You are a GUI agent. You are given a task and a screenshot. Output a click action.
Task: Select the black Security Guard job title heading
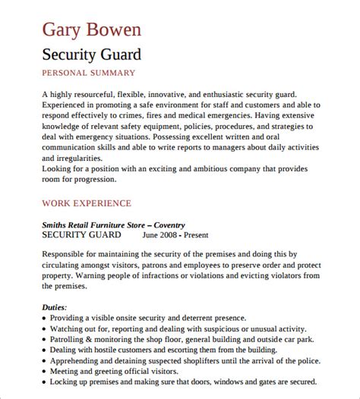point(90,55)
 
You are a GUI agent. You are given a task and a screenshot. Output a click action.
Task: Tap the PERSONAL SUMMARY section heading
point(88,73)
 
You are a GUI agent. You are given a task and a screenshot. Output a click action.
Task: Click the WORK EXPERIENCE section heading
point(87,203)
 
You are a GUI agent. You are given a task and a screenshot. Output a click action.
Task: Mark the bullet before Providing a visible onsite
point(46,319)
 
